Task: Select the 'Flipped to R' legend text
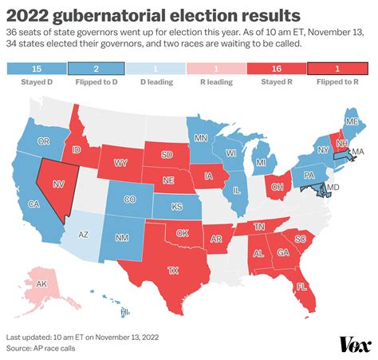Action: [x=341, y=82]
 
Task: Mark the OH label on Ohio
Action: [x=278, y=167]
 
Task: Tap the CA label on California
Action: [x=34, y=204]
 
